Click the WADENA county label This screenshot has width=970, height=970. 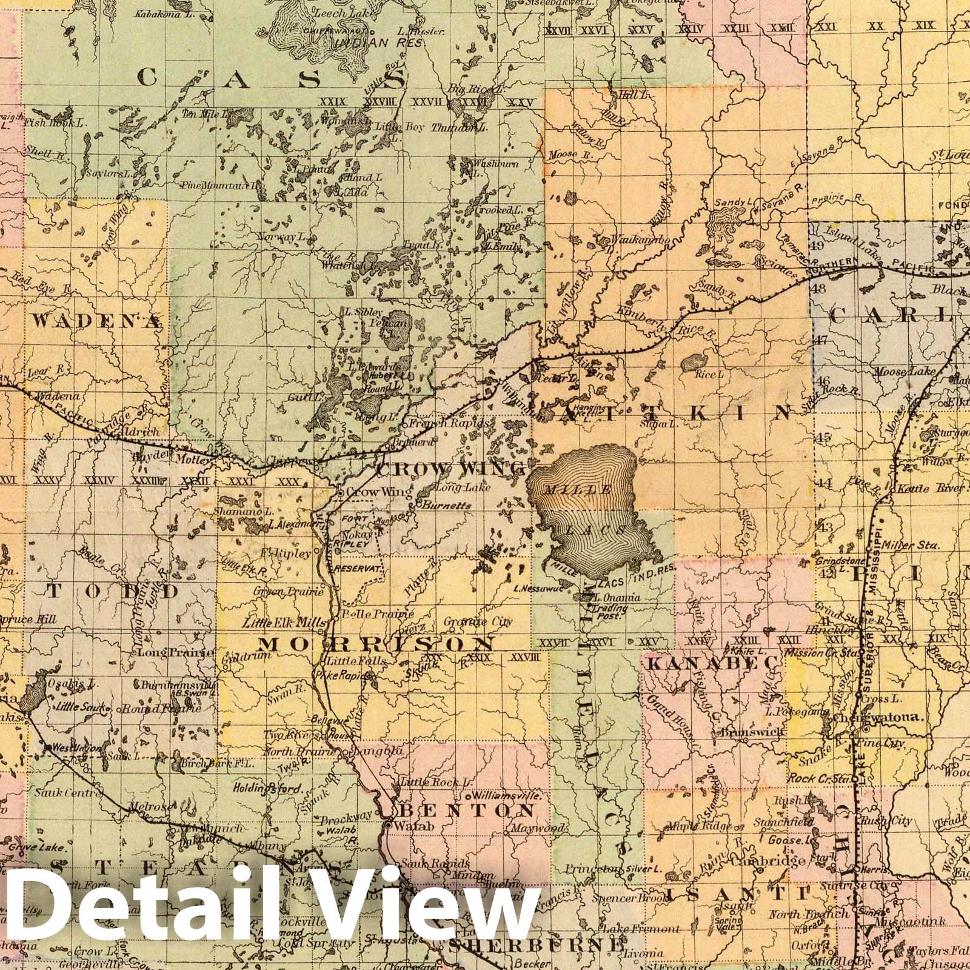click(98, 321)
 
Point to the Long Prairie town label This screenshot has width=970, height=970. click(176, 653)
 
